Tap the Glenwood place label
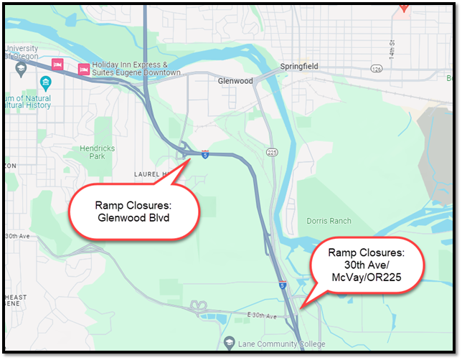tap(235, 81)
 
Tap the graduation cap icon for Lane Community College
tap(230, 343)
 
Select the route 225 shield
tap(272, 153)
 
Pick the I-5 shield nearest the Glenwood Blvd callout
tap(205, 153)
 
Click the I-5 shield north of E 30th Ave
tap(283, 285)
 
